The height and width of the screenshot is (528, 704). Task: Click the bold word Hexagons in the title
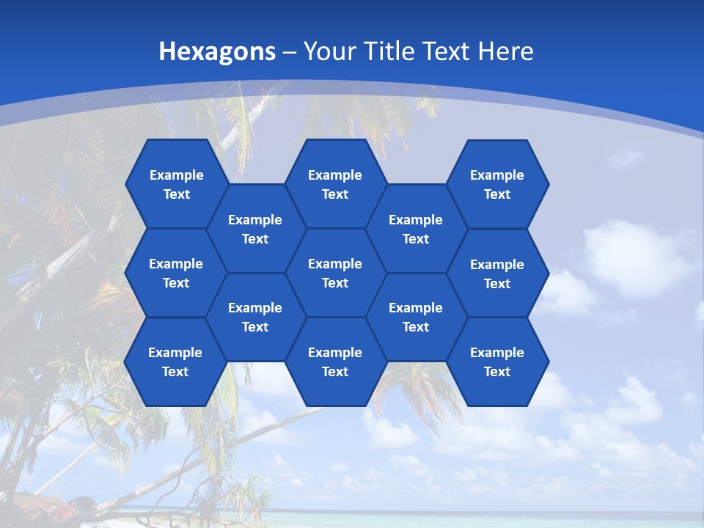[218, 51]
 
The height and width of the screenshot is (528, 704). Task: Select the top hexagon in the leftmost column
[176, 184]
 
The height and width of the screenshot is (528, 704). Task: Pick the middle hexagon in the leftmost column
[176, 273]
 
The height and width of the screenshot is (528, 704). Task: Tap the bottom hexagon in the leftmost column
[175, 362]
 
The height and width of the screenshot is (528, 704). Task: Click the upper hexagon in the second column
[255, 229]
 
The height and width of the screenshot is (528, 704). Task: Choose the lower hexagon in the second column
[255, 317]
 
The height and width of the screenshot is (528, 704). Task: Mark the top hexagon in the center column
[335, 184]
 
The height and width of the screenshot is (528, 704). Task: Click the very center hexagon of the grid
[335, 273]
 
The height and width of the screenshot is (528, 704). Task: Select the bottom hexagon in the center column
[335, 362]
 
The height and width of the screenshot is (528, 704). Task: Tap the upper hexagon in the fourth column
[416, 229]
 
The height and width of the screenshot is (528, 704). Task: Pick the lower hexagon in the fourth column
[416, 317]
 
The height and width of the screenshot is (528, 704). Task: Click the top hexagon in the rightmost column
[497, 184]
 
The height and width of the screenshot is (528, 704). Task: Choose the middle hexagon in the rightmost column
[497, 274]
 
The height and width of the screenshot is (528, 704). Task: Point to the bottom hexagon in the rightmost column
[497, 362]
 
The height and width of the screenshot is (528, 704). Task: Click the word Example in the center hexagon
[335, 264]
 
